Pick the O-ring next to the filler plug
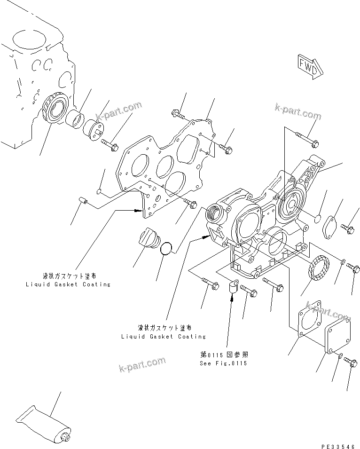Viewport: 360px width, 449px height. point(167,248)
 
